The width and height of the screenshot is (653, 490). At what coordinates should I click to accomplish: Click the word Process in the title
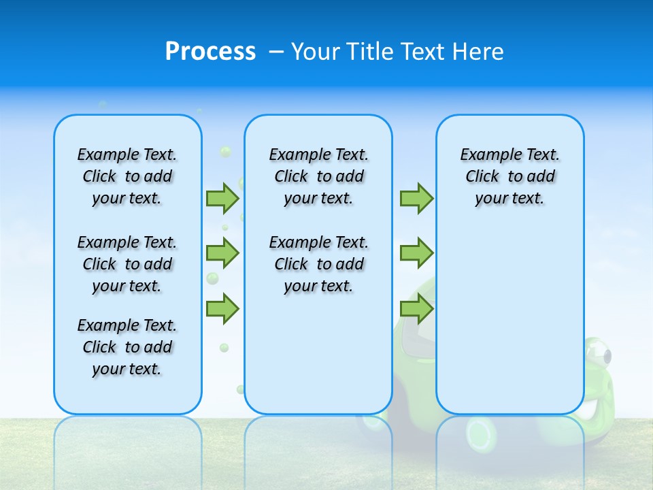(x=210, y=51)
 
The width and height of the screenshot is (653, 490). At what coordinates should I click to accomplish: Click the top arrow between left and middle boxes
(x=222, y=198)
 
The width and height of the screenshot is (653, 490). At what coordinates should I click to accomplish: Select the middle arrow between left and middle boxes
(x=222, y=253)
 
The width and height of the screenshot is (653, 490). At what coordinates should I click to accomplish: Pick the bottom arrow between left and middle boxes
(x=222, y=309)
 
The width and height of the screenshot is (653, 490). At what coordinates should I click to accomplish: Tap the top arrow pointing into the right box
(x=416, y=198)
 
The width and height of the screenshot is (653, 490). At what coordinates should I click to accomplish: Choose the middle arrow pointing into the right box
(x=416, y=253)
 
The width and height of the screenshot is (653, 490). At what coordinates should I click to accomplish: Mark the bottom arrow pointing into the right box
(x=416, y=309)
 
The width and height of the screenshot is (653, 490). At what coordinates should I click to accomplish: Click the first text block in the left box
(x=127, y=176)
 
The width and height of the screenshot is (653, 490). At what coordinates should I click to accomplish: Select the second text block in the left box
(x=127, y=264)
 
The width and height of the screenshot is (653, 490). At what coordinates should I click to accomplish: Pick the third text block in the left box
(x=127, y=347)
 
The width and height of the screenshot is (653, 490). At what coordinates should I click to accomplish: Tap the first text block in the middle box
(x=318, y=176)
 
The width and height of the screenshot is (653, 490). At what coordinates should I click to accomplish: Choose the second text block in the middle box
(x=318, y=264)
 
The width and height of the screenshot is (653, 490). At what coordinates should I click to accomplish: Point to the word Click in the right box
(x=482, y=177)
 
